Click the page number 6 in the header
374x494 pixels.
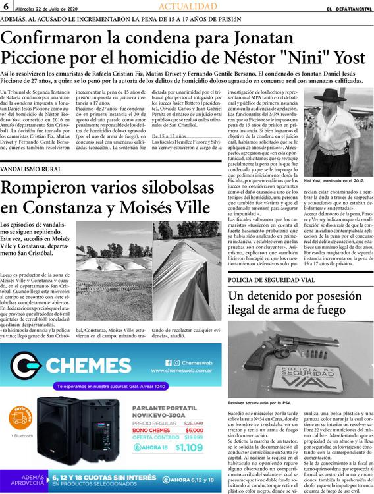pos(6,7)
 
